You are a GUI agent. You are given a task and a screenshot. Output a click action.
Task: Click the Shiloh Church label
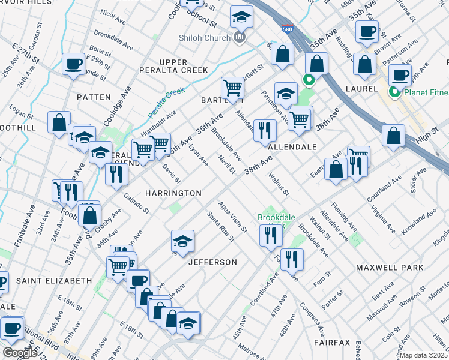[x=204, y=38]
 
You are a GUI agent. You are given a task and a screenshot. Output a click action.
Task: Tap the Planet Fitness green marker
[x=394, y=92]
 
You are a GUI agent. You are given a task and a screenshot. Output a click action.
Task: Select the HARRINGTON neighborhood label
[x=173, y=193]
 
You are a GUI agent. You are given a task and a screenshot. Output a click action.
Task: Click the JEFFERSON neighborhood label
[x=212, y=262]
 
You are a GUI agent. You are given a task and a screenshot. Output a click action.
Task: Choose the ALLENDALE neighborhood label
[x=292, y=146]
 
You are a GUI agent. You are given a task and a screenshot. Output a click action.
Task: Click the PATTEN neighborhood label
[x=94, y=97]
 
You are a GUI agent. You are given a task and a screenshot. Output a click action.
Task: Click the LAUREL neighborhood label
[x=361, y=89]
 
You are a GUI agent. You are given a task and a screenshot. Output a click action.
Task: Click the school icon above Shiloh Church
[x=242, y=17]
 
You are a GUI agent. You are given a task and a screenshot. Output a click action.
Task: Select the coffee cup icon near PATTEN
[x=74, y=63]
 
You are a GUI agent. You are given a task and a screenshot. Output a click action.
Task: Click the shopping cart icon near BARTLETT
[x=232, y=88]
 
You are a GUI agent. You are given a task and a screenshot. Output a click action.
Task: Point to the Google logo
[x=19, y=353]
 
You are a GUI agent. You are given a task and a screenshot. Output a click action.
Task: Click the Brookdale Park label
[x=271, y=221]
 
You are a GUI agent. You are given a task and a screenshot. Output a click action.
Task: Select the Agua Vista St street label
[x=234, y=217]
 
